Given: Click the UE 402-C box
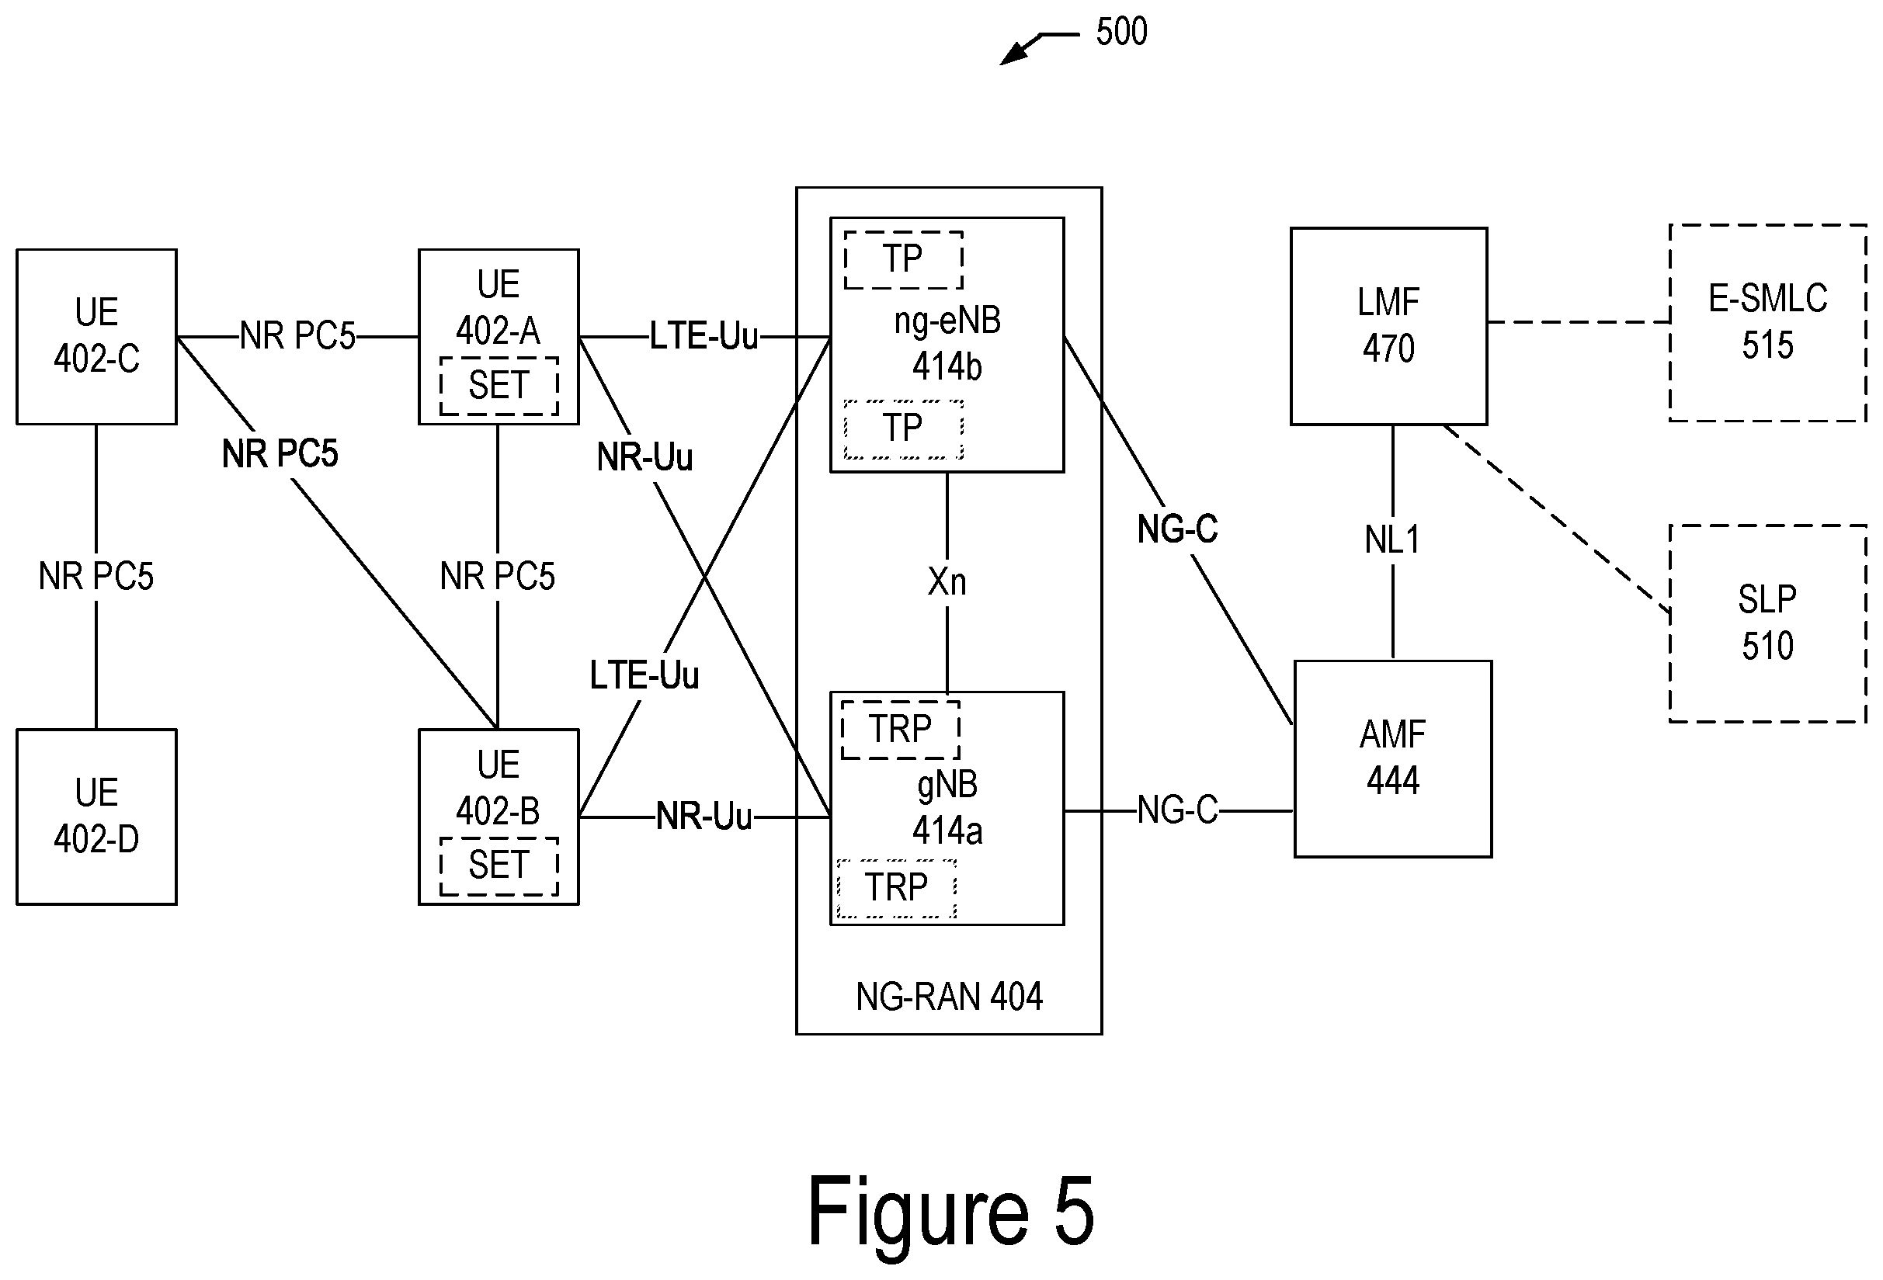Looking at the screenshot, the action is pos(96,336).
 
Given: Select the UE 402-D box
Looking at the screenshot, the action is pos(96,817).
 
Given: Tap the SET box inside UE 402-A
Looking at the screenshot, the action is pos(499,386).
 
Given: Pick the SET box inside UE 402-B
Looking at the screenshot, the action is pos(499,866).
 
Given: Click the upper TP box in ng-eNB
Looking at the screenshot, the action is pos(903,260).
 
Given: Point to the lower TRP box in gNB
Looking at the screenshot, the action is pos(896,889).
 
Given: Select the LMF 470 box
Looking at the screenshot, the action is pos(1388,326).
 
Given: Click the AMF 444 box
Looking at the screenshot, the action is pos(1393,758).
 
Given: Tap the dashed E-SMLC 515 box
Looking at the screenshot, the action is pos(1768,322).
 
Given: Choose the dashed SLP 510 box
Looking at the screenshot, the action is pos(1768,623).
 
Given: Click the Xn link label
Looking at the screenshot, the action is pos(947,581).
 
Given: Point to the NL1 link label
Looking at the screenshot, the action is pos(1392,539).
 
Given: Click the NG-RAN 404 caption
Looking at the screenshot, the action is pos(949,996).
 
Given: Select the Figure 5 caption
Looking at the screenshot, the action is pos(950,1211).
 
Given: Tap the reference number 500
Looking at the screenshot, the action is pos(1121,32).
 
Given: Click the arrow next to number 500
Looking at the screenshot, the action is pos(1040,48).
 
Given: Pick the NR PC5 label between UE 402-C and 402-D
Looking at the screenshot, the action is pos(96,576).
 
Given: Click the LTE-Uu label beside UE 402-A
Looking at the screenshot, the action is pos(704,336).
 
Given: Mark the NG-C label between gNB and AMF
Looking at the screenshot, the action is pos(1178,810).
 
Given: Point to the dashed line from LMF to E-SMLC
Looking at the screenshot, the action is pos(1579,322).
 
